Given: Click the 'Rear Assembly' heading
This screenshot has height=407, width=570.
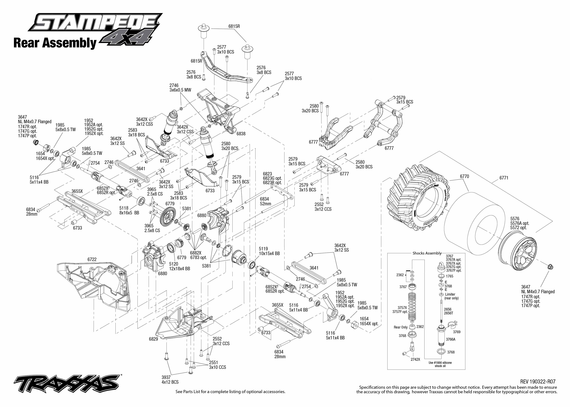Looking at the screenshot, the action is point(55,43).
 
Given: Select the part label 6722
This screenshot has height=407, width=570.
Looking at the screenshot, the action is point(92,259).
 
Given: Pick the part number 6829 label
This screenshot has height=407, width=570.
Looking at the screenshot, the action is point(153,339).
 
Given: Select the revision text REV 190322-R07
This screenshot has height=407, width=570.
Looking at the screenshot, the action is point(538,382).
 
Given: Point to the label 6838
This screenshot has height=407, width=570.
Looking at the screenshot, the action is point(241,134).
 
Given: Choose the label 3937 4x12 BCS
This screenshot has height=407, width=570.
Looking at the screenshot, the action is point(170,380).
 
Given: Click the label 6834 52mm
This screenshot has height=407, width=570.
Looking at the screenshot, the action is point(265,201).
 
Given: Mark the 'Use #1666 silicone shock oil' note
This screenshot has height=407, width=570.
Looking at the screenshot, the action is point(440,364).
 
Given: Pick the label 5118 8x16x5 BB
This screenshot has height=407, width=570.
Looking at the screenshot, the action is point(129,210).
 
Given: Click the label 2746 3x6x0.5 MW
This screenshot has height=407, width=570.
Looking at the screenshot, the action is point(180,88).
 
